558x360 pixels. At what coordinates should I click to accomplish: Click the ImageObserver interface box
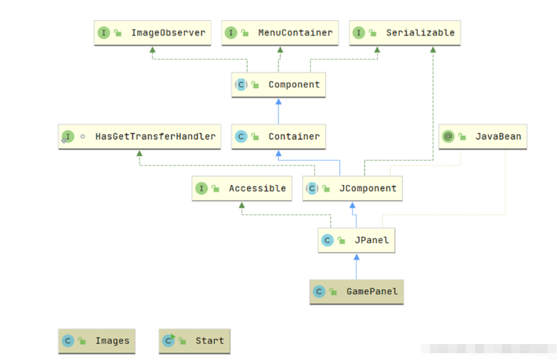(x=152, y=33)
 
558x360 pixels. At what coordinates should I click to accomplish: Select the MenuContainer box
(x=280, y=33)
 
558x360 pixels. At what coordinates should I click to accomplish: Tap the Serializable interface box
(x=405, y=33)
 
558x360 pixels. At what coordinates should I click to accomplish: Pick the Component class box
(x=278, y=85)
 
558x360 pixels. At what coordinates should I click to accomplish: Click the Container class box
(x=278, y=137)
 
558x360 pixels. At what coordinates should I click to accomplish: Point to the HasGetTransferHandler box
(x=139, y=137)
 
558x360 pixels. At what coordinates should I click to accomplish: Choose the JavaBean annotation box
(x=483, y=137)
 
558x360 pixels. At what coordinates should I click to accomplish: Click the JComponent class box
(x=352, y=188)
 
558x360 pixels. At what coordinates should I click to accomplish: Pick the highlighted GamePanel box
(x=356, y=291)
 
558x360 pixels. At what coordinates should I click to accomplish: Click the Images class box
(x=98, y=340)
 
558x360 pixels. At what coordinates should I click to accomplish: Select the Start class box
(x=195, y=340)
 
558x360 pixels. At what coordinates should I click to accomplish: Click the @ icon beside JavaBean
(x=449, y=137)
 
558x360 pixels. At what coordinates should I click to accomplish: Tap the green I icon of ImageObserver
(x=103, y=33)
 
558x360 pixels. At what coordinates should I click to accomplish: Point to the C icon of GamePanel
(x=319, y=291)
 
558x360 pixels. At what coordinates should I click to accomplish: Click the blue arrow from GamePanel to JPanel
(x=357, y=266)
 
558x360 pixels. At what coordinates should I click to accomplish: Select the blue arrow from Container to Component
(x=278, y=111)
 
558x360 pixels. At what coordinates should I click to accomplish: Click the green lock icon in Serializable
(x=372, y=33)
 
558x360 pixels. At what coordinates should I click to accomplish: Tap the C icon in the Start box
(x=167, y=340)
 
